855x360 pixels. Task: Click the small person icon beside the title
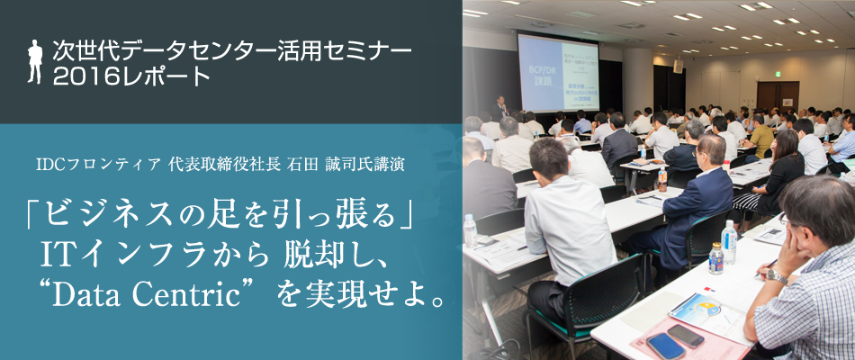click(35, 60)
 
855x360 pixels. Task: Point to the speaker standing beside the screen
click(500, 108)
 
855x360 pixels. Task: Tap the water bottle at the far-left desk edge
click(470, 230)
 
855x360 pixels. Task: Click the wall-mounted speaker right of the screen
click(677, 65)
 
